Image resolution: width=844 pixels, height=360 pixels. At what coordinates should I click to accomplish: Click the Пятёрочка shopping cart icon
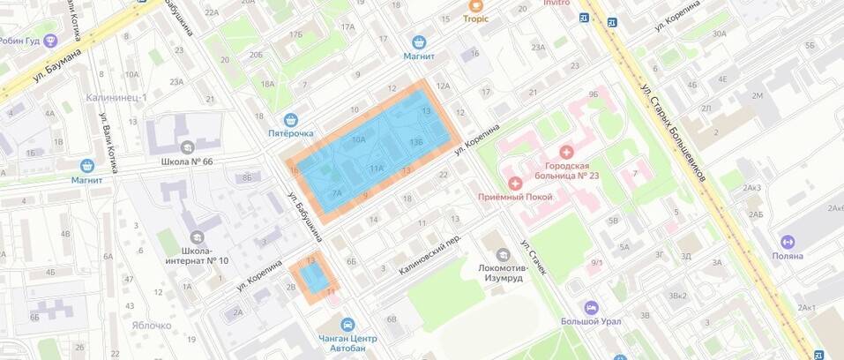click(290, 119)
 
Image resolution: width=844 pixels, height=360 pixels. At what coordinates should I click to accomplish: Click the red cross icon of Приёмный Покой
click(515, 182)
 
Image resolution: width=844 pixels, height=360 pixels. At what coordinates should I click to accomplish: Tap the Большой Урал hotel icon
click(591, 308)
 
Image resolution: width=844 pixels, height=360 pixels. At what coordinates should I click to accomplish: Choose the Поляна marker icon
click(788, 242)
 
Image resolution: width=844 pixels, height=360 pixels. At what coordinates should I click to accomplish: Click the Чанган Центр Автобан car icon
click(347, 325)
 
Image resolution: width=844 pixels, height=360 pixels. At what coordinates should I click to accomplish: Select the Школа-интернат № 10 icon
click(196, 236)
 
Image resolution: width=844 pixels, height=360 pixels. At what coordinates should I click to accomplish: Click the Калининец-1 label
click(116, 97)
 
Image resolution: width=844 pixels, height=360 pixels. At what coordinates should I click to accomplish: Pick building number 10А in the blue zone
click(358, 139)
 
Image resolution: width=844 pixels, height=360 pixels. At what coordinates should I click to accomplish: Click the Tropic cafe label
click(476, 18)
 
